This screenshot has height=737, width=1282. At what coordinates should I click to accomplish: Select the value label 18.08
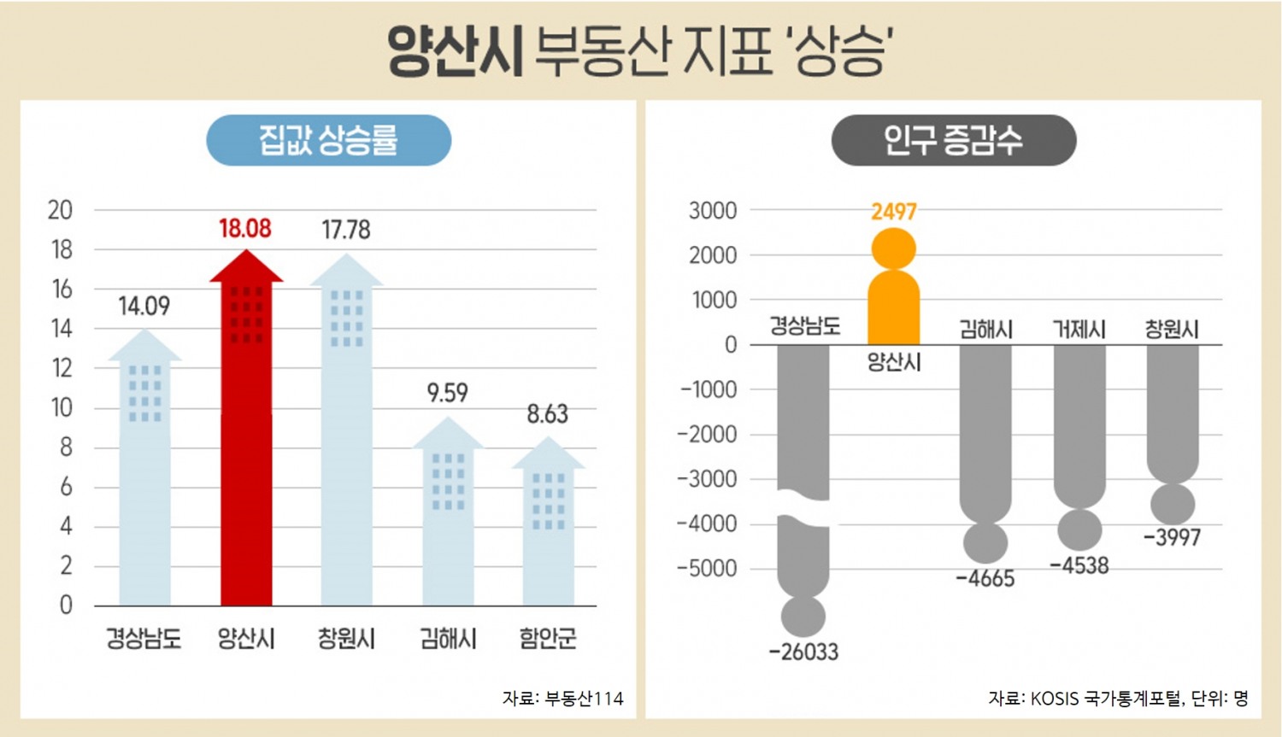pos(244,229)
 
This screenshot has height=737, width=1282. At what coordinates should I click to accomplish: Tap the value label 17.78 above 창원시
pos(345,230)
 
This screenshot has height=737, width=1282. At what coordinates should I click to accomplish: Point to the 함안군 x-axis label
pos(548,638)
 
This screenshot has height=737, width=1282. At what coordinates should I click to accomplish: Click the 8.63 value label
pos(547,414)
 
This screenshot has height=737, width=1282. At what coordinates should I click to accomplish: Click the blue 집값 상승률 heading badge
pos(328,140)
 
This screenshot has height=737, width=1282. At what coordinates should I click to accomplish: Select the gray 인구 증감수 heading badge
pos(953,140)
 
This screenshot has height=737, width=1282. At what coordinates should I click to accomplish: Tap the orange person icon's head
pos(893,249)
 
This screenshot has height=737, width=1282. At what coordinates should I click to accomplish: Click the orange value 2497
pos(893,212)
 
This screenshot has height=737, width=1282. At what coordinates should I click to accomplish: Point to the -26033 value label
pos(803,652)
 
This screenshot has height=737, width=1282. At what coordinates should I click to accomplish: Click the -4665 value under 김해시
pos(985,579)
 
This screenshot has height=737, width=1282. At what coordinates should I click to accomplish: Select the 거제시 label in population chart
pos(1079,329)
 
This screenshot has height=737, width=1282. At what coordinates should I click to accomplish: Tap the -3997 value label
pos(1172,538)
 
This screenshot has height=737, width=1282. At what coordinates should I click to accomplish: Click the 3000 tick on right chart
pos(713,210)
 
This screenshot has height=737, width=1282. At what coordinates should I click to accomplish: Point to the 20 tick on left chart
pos(60,210)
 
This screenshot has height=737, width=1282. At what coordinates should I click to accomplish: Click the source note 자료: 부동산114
pos(562,699)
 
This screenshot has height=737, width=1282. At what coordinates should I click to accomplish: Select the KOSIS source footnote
pos(1118,699)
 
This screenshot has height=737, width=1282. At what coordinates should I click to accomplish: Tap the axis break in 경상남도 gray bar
pos(803,509)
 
